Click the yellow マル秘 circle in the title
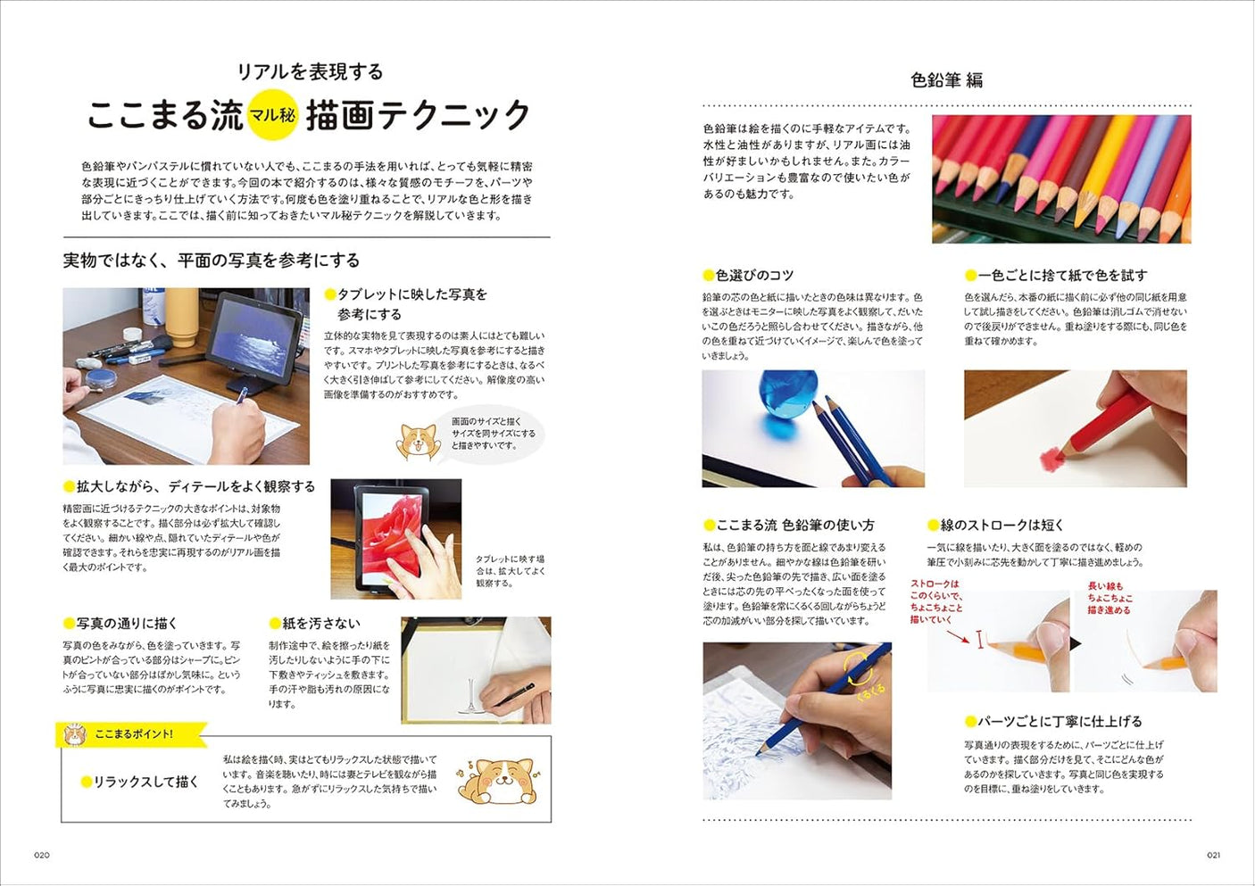272,116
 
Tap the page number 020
42,855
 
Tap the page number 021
1213,855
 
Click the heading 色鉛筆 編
946,80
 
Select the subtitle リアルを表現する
310,71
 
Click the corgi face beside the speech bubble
416,440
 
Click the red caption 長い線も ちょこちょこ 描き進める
1110,598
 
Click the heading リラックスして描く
145,782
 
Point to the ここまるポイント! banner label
133,733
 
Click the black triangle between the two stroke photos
1076,643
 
